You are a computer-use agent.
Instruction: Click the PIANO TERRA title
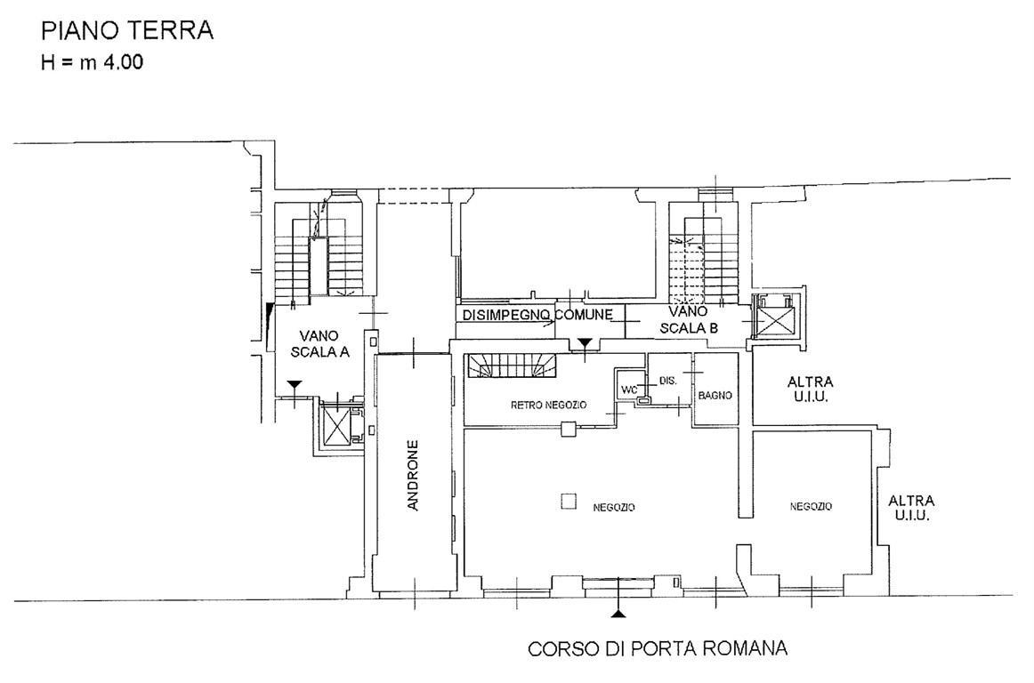[x=127, y=31]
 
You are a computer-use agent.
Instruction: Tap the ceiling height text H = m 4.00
[x=92, y=62]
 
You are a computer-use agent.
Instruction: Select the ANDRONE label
[x=414, y=475]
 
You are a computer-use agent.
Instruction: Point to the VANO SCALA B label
[x=689, y=319]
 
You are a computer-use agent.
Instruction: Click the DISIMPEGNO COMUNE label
[x=537, y=315]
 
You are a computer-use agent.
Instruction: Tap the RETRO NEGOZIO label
[x=549, y=405]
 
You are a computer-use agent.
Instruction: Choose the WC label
[x=630, y=390]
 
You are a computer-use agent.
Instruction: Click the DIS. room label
[x=668, y=381]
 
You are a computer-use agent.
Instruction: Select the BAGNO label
[x=715, y=396]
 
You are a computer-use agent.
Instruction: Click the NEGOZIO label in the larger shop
[x=614, y=507]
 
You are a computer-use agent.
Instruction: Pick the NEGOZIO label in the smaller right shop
[x=811, y=506]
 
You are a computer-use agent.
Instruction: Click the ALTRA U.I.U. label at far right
[x=911, y=508]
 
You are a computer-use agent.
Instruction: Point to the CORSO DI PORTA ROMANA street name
[x=658, y=648]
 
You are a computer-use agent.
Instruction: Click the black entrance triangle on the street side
[x=618, y=614]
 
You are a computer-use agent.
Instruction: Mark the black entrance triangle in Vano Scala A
[x=295, y=383]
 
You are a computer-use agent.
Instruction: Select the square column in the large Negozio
[x=568, y=502]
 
